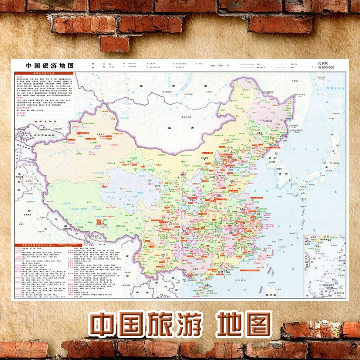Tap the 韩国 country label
coord(283,173)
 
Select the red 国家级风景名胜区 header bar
coord(40,245)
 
